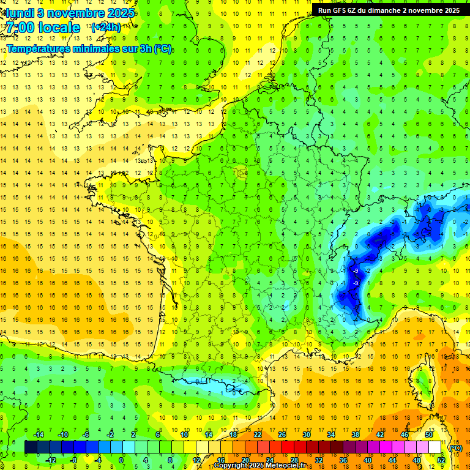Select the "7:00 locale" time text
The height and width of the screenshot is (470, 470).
43,28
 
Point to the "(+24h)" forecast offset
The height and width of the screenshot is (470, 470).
106,27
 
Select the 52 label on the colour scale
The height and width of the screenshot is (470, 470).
441,460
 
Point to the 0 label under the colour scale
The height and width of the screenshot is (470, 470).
121,460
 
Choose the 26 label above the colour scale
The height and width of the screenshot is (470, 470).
282,435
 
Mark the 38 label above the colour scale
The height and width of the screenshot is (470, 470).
356,435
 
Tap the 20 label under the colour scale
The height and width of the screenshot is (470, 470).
245,460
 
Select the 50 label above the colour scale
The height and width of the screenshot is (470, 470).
429,435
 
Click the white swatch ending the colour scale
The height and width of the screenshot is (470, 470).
435,447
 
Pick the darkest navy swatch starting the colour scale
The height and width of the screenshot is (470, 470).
31,447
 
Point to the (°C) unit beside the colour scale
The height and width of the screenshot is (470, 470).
456,448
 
